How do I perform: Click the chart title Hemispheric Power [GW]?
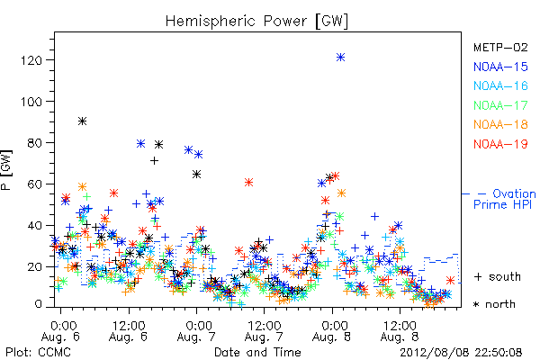(x=256, y=22)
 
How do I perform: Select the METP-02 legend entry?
(x=500, y=47)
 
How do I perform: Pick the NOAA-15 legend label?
(x=500, y=67)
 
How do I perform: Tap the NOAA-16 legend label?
(x=500, y=85)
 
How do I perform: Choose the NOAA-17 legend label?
(x=500, y=105)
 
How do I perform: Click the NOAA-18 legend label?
(x=500, y=124)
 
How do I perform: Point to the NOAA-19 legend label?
(x=500, y=144)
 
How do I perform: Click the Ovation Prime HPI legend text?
(x=504, y=199)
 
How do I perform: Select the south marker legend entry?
(x=498, y=276)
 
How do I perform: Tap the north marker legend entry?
(x=494, y=304)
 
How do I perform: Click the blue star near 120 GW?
(x=340, y=58)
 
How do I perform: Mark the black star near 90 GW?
(x=82, y=121)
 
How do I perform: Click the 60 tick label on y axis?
(x=37, y=184)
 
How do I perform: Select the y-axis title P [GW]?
(x=7, y=170)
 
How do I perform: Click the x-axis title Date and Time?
(x=257, y=353)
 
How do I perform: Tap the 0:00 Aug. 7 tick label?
(x=196, y=330)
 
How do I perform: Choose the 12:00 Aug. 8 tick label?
(x=400, y=330)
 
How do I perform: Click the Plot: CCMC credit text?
(x=38, y=353)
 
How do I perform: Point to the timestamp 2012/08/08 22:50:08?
(x=461, y=353)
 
